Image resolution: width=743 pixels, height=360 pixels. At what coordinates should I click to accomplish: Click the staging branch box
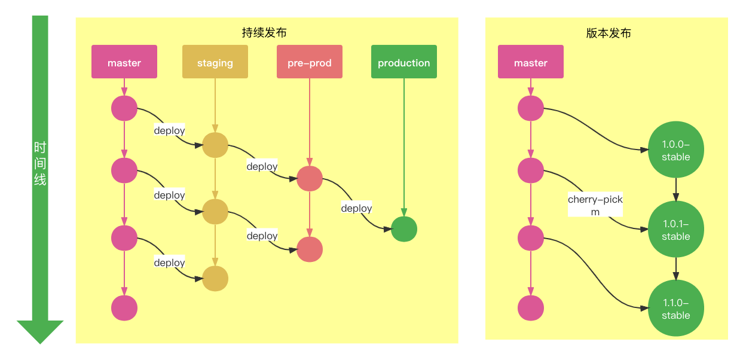coord(215,62)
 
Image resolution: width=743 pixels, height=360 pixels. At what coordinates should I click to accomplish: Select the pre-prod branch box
coord(310,62)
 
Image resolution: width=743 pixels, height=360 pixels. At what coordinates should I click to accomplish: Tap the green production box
coord(404,62)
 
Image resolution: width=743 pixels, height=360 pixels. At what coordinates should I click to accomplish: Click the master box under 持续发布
coord(124,62)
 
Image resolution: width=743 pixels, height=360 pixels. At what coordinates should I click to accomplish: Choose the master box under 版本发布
coord(531,62)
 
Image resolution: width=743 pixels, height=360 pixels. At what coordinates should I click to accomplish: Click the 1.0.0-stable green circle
coord(676,150)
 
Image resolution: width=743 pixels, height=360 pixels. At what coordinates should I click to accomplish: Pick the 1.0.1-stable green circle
coord(676,229)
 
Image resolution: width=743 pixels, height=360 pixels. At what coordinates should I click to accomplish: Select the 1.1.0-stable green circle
coord(676,308)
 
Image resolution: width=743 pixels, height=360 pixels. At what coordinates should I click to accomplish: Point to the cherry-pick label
coord(595,205)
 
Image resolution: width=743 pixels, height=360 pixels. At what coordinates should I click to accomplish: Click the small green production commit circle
coord(404,229)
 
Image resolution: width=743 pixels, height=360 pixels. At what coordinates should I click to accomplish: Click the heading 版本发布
coord(609,33)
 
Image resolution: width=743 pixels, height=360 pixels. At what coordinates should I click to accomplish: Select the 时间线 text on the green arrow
coord(40,163)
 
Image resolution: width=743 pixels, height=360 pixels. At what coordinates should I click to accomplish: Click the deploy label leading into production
coord(356,208)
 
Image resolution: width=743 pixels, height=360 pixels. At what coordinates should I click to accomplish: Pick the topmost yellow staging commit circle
coord(215,145)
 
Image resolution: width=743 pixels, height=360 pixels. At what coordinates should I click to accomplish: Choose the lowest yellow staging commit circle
coord(215,279)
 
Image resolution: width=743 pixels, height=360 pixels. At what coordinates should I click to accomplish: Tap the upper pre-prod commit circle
coord(310,179)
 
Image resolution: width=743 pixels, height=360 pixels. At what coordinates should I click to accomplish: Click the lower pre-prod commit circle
coord(310,249)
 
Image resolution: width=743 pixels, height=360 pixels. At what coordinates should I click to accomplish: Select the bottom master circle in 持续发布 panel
coord(124,308)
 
